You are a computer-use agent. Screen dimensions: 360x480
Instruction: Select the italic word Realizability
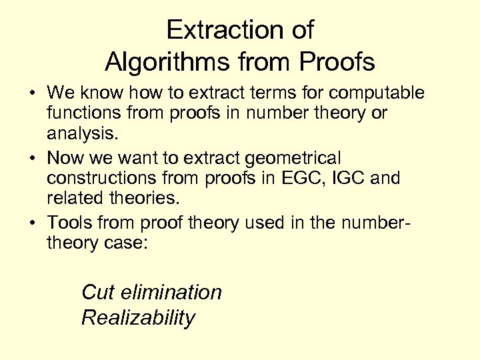[138, 318]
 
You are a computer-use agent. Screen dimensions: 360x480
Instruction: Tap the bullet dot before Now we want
[33, 159]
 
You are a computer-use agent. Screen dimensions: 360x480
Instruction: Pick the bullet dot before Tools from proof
[33, 223]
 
